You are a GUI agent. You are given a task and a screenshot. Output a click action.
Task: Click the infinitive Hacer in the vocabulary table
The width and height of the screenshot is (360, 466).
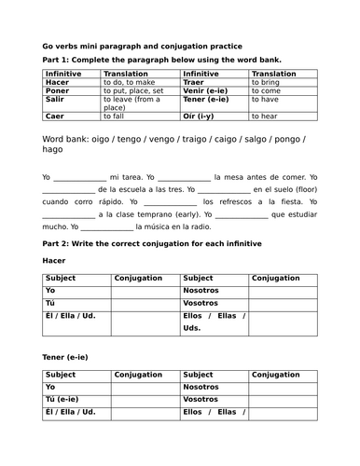pos(55,82)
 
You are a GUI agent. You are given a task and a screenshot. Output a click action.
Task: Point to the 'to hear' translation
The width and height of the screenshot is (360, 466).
pos(270,116)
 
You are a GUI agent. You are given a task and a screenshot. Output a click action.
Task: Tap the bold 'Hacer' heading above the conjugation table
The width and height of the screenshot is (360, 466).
pos(55,261)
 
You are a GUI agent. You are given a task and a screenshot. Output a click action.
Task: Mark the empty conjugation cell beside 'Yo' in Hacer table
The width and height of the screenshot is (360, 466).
pos(145,291)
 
